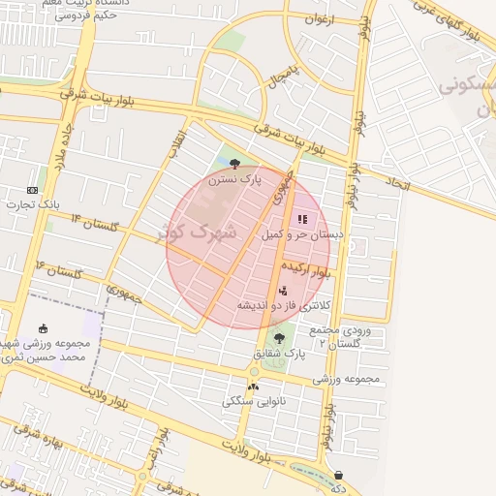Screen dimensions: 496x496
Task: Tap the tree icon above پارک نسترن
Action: [236, 164]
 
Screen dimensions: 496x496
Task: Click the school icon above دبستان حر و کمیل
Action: [300, 219]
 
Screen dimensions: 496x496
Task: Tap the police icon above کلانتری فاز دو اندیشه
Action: [282, 290]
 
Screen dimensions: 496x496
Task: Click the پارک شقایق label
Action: [279, 355]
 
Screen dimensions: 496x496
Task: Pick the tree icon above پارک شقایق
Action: [279, 338]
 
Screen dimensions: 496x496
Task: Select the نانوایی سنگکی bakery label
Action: [254, 400]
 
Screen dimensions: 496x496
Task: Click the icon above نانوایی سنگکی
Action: [254, 385]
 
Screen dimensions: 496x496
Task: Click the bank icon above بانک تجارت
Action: [33, 189]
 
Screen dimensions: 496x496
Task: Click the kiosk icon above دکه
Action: [338, 475]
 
